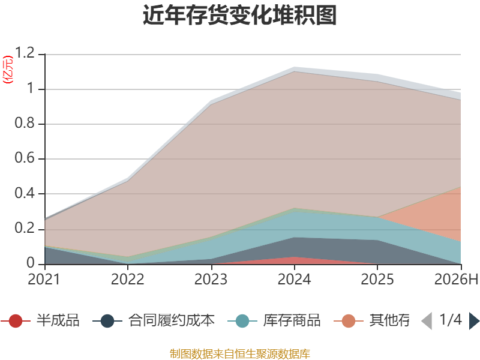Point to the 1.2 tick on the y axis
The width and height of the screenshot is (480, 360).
(25, 53)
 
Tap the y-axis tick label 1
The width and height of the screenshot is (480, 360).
(31, 88)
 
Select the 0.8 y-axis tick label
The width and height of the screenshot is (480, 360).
(25, 123)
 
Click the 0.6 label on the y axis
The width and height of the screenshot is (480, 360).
(25, 158)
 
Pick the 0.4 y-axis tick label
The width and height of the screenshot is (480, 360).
(25, 193)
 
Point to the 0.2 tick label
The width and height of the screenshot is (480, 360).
(25, 228)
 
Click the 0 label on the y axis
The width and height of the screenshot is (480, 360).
(31, 263)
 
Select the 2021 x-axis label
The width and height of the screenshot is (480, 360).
(44, 279)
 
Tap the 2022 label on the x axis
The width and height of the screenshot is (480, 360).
(127, 279)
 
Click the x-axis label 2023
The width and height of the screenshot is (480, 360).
(211, 279)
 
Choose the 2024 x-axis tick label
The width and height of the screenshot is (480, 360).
(294, 279)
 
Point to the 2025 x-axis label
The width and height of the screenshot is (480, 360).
(377, 279)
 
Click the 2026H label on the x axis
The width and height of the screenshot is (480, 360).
(457, 279)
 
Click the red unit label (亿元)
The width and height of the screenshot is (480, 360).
(8, 70)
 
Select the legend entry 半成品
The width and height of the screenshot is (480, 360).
(40, 320)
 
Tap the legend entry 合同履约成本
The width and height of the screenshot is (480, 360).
(154, 320)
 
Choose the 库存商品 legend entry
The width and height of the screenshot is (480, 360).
(274, 320)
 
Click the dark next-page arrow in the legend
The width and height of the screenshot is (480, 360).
(474, 321)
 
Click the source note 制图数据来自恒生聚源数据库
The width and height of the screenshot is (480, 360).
(240, 354)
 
